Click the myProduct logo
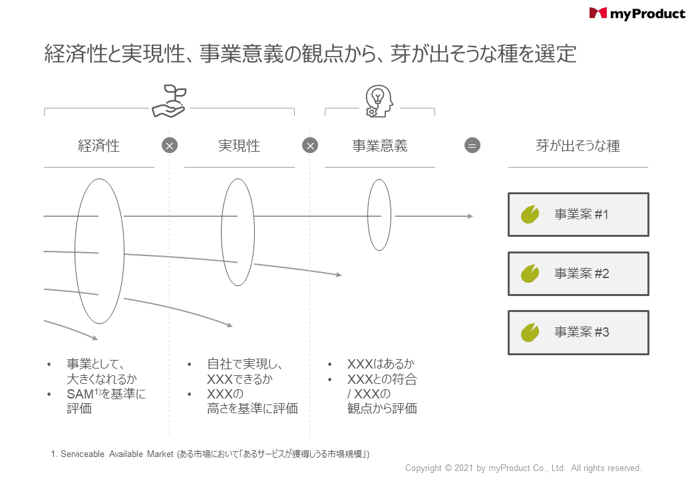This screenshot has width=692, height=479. coord(637,14)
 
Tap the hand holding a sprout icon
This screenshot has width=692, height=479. coord(170,101)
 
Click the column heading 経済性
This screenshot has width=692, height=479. coord(99,146)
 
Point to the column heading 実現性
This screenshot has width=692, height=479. coord(239,146)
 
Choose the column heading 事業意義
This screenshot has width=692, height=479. coord(379,146)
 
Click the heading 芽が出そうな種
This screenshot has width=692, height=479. coord(578,146)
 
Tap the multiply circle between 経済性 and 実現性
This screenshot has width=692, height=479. coord(170,145)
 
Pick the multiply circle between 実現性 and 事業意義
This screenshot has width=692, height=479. coord(310,145)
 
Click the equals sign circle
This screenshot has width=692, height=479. coord(472,145)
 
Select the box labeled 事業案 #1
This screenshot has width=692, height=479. coord(578,214)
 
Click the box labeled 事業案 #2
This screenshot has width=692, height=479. coord(578,273)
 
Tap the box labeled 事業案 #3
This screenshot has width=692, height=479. coord(578,333)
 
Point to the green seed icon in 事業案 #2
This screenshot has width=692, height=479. coord(530,273)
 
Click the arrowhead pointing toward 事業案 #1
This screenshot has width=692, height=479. coord(470,216)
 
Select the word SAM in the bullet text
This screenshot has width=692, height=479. coord(80,394)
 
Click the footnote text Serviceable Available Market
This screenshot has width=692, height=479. coord(117,454)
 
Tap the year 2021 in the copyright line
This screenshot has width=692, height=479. coord(464,468)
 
